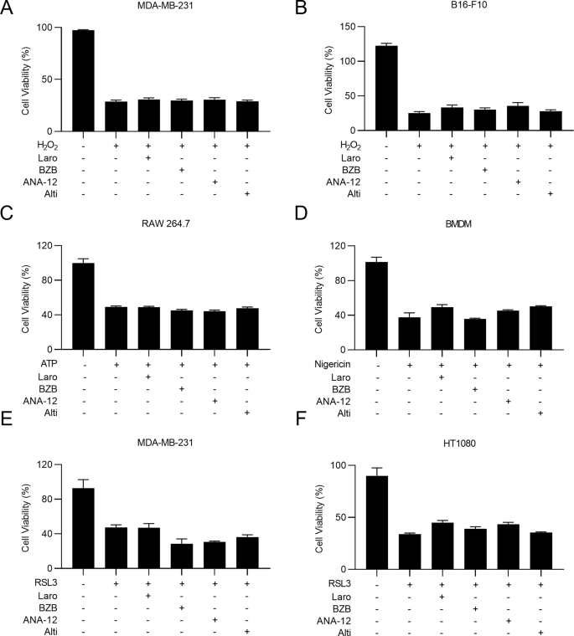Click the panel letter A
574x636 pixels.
pyautogui.click(x=8, y=9)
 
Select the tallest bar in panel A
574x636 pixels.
pyautogui.click(x=82, y=80)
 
